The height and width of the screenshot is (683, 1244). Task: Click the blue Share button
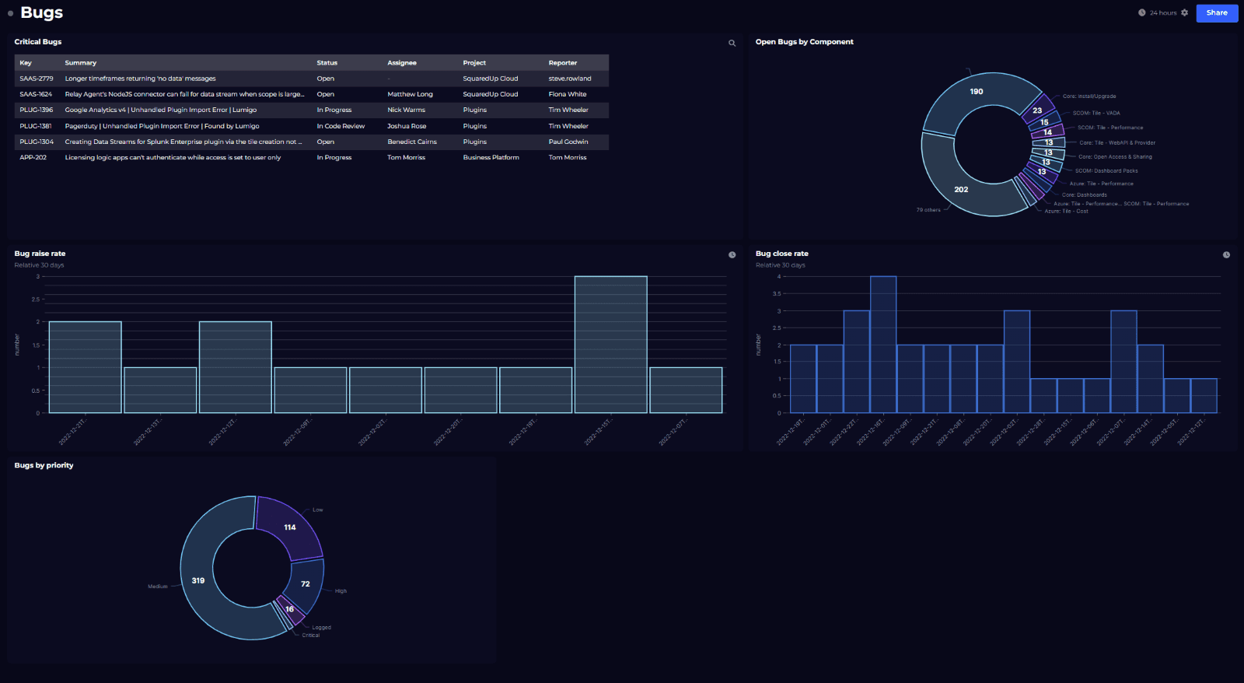tap(1217, 12)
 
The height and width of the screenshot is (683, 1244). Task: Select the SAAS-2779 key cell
tap(37, 79)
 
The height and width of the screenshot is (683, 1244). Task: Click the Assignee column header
tap(402, 63)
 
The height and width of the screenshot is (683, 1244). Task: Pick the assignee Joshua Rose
tap(407, 126)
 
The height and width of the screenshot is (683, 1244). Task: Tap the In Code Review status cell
tap(341, 126)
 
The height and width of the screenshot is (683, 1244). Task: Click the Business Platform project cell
tap(491, 158)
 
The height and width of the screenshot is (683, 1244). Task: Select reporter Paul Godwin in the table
tap(568, 142)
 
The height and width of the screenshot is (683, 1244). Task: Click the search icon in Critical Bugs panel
tap(732, 44)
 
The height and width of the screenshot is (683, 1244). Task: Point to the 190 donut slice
tap(977, 93)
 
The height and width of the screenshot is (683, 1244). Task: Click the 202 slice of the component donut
tap(961, 189)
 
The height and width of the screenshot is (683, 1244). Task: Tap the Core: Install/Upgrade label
tap(1089, 96)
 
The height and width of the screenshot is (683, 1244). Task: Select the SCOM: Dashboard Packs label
tap(1106, 171)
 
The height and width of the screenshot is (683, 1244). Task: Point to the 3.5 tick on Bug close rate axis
tap(777, 294)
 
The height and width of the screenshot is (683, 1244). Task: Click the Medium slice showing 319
tap(198, 580)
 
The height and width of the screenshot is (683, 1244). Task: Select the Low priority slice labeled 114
tap(289, 527)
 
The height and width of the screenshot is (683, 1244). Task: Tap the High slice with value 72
tap(306, 583)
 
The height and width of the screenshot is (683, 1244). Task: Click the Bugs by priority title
tap(44, 465)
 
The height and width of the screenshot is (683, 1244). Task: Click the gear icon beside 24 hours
tap(1184, 12)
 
